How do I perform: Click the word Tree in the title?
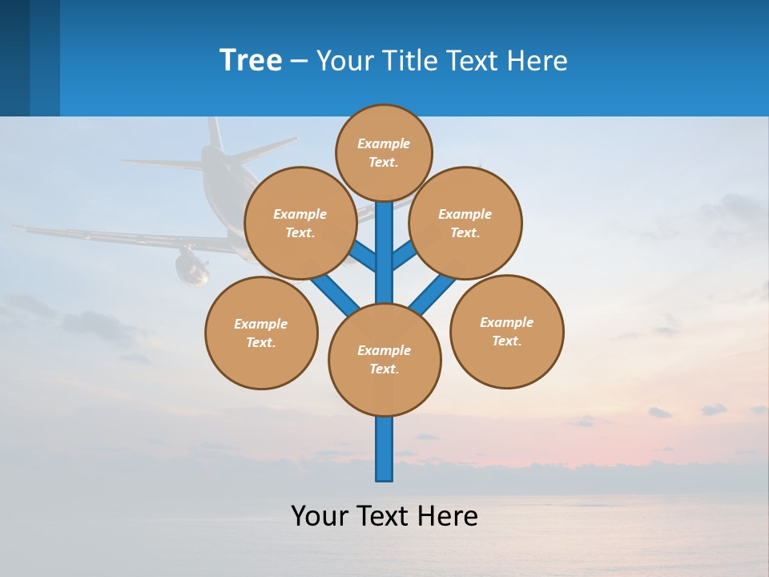point(251,61)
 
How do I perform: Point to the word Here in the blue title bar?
point(538,61)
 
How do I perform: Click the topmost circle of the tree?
point(384,152)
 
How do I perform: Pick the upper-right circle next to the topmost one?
point(465,223)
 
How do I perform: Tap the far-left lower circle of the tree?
point(261,333)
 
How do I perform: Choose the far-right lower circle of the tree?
point(506,331)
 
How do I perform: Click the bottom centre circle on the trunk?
point(384,360)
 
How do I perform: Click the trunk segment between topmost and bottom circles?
point(384,252)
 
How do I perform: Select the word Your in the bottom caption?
point(318,515)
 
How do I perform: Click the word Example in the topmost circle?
point(384,143)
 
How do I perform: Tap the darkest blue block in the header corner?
point(14,58)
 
